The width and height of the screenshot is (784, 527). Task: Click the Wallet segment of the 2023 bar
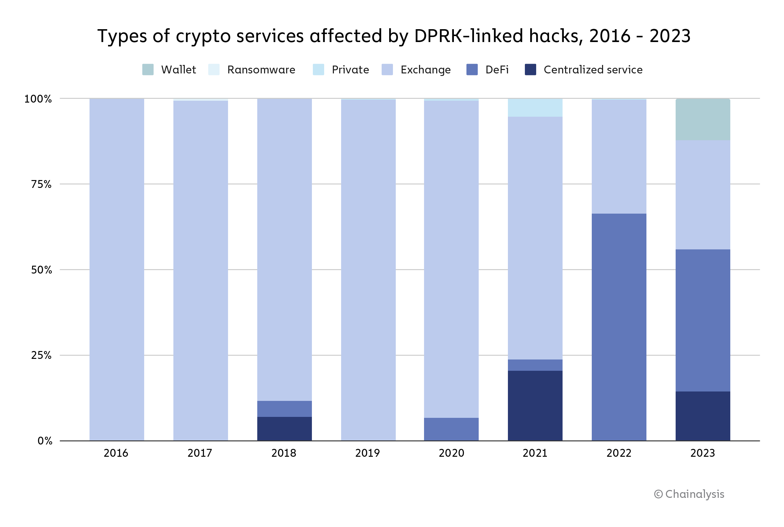coord(703,120)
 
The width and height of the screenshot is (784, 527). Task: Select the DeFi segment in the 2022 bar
coord(619,327)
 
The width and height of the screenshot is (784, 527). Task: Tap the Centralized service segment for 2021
coord(535,406)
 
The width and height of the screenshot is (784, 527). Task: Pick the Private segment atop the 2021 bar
coord(535,108)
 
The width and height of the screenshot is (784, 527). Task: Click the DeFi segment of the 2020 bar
coord(451,429)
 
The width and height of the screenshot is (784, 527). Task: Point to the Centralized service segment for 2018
coord(284,429)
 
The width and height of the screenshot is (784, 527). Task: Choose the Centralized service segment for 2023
coord(703,416)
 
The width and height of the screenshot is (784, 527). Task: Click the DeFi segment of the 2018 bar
coord(284,409)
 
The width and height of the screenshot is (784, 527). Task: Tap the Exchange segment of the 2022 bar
coord(619,157)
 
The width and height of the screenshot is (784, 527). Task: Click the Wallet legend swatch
coord(148,70)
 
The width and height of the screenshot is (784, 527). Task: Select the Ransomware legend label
coord(261,70)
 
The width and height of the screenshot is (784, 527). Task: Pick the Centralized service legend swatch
coord(530,70)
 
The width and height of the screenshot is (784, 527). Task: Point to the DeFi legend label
coord(497,70)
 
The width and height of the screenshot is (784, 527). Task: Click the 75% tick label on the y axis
coord(41,184)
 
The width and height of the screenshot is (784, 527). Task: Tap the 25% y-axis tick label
coord(41,355)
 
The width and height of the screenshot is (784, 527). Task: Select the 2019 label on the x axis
coord(367,453)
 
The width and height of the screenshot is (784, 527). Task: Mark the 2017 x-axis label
coord(200,453)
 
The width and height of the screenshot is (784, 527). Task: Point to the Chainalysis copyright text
coord(689,494)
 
